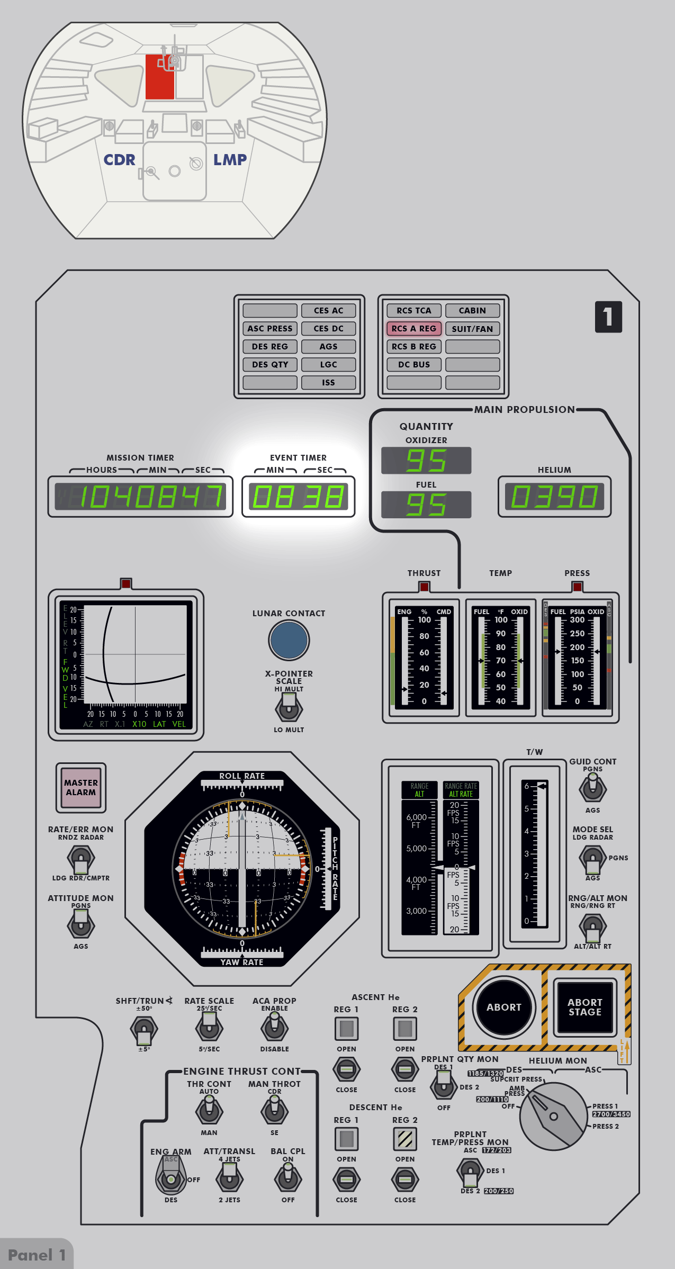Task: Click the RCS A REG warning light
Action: (x=414, y=329)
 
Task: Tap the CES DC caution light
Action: (x=328, y=329)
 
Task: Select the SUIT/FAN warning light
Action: (x=472, y=329)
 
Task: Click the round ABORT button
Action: (x=504, y=1007)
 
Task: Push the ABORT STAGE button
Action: (x=584, y=1007)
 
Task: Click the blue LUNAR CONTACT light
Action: (x=289, y=640)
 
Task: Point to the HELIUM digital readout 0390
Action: (x=554, y=497)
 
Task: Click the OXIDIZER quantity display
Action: (x=426, y=461)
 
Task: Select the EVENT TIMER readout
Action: (x=298, y=497)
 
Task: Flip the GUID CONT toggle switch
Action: (x=592, y=788)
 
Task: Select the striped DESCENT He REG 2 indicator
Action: (x=405, y=1139)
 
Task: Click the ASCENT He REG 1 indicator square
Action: (x=347, y=1029)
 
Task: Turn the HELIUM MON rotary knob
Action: (x=553, y=1116)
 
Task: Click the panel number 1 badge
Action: (x=608, y=317)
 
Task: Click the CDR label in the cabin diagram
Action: (x=119, y=160)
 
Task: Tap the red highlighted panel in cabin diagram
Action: (x=160, y=77)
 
